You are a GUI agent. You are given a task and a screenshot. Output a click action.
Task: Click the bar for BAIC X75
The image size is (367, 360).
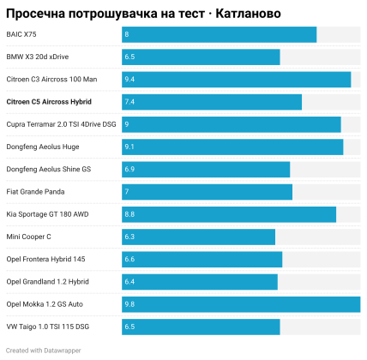(x=220, y=34)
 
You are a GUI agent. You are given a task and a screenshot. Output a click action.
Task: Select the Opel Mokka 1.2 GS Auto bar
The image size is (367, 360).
(x=241, y=304)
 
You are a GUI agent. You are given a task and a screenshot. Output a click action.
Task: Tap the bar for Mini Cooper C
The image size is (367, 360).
(x=199, y=237)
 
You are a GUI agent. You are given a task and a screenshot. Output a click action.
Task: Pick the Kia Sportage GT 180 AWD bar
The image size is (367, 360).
(x=229, y=214)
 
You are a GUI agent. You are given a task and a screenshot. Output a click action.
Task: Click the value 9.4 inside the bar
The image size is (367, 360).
(x=129, y=80)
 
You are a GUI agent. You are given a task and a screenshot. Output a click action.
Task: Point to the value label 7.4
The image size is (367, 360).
(x=129, y=102)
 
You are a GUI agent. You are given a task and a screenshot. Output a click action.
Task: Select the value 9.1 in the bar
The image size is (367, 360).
(x=129, y=147)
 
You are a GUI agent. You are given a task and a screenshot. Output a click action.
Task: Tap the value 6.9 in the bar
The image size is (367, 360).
(x=129, y=170)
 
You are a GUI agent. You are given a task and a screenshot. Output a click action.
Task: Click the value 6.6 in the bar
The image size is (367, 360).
(x=129, y=260)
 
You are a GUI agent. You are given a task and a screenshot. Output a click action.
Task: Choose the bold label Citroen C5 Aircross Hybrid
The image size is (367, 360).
(x=49, y=102)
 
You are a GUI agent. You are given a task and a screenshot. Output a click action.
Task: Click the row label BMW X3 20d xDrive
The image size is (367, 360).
(x=38, y=57)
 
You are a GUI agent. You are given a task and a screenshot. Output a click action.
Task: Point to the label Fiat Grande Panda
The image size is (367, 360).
(x=35, y=192)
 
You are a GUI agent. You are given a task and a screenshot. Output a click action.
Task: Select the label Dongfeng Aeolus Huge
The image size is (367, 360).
(x=43, y=147)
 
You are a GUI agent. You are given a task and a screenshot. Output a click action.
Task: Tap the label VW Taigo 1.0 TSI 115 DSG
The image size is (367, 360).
(x=48, y=327)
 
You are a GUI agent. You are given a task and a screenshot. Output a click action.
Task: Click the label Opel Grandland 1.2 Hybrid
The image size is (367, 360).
(x=47, y=282)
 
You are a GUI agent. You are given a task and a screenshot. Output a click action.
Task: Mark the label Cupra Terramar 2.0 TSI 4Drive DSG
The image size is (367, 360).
(x=61, y=124)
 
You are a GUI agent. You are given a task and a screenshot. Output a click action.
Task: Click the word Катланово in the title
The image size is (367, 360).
(x=248, y=14)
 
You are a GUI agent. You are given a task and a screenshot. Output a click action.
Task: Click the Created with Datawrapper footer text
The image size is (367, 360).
(x=44, y=351)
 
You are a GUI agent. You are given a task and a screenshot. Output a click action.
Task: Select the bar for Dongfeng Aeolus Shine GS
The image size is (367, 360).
(x=206, y=170)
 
